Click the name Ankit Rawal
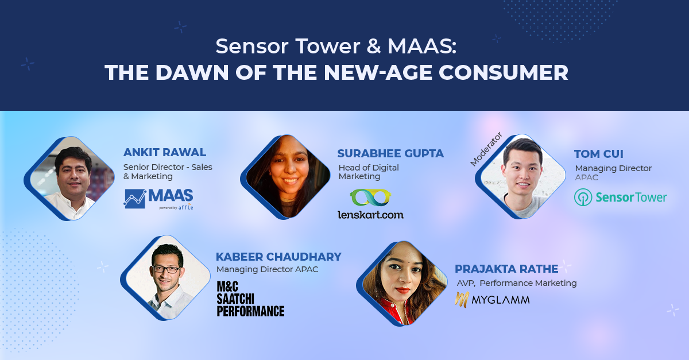[x=165, y=152]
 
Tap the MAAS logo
[x=158, y=199]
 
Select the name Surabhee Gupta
[x=390, y=153]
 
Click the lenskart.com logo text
[x=371, y=215]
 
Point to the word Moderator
[x=486, y=149]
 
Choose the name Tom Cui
[x=598, y=154]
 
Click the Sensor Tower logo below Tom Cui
[x=620, y=198]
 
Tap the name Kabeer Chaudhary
[x=278, y=257]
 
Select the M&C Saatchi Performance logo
[x=250, y=299]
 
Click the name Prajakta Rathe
[x=506, y=269]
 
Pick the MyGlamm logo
[x=492, y=300]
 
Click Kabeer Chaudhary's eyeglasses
[x=166, y=269]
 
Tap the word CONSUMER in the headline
[x=503, y=72]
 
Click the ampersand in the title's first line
[x=374, y=46]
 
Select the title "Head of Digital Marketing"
[x=369, y=172]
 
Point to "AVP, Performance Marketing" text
[x=517, y=283]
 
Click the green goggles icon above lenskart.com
[x=370, y=198]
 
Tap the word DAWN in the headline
[x=192, y=72]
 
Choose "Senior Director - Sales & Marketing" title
[x=168, y=172]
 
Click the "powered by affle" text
[x=176, y=207]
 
